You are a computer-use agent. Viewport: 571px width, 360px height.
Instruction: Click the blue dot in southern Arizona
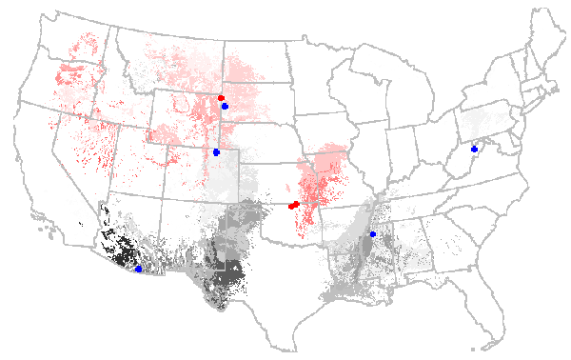pyautogui.click(x=139, y=270)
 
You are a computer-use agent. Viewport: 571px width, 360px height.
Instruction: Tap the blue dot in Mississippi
pyautogui.click(x=373, y=234)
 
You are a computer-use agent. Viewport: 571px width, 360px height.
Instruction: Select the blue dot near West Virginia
pyautogui.click(x=474, y=150)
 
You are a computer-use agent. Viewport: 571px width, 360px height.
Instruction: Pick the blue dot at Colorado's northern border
pyautogui.click(x=217, y=152)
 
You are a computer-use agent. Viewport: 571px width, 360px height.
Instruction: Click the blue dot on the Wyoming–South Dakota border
pyautogui.click(x=225, y=106)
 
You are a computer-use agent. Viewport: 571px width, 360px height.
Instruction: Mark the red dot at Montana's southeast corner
pyautogui.click(x=221, y=98)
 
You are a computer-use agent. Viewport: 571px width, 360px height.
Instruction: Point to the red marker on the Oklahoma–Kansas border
pyautogui.click(x=294, y=205)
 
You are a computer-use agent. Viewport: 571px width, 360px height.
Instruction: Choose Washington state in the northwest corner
pyautogui.click(x=76, y=43)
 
